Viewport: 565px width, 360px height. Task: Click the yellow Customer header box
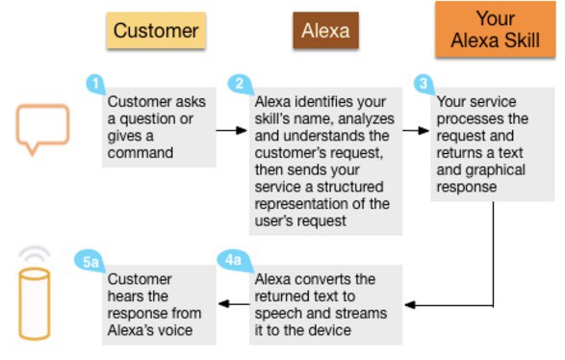point(156,30)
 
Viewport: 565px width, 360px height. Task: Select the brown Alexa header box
point(325,30)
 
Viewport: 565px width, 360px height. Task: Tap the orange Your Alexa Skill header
point(496,29)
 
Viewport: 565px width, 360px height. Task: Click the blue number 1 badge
point(95,85)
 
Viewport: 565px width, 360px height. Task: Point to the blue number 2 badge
point(240,85)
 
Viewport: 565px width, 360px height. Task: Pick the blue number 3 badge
point(424,85)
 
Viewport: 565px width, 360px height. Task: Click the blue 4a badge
point(234,261)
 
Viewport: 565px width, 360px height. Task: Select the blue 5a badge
point(90,262)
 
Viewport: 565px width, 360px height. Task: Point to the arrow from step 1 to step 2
point(232,131)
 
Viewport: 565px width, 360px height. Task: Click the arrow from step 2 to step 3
point(416,131)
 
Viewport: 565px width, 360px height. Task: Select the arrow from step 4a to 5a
point(234,304)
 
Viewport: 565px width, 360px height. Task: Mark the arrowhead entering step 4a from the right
point(410,305)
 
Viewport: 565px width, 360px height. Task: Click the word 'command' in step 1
point(141,153)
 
